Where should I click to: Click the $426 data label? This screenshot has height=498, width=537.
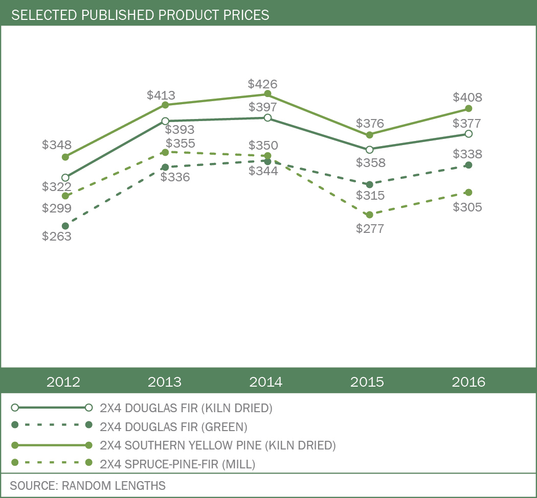(x=262, y=83)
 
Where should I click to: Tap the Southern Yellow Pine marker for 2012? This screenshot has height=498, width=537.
(x=65, y=157)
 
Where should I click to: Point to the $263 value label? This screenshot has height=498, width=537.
(x=57, y=236)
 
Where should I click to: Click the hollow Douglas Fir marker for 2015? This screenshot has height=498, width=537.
(x=369, y=149)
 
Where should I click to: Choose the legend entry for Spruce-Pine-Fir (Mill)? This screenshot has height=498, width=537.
(x=177, y=464)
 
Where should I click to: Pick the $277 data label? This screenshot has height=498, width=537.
(x=370, y=228)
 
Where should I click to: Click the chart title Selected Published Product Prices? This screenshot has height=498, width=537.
(x=140, y=15)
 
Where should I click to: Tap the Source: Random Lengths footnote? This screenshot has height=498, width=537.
(x=87, y=485)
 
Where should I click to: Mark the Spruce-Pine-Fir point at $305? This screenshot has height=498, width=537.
(x=469, y=192)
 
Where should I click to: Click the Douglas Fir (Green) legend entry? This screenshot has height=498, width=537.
(x=174, y=426)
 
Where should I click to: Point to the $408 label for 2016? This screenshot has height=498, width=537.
(x=468, y=97)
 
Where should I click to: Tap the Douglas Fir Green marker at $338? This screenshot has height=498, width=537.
(x=469, y=165)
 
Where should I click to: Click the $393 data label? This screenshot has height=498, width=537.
(x=180, y=130)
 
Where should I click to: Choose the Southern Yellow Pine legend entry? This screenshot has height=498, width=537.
(x=218, y=445)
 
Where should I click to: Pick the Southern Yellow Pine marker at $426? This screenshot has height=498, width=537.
(x=267, y=93)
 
